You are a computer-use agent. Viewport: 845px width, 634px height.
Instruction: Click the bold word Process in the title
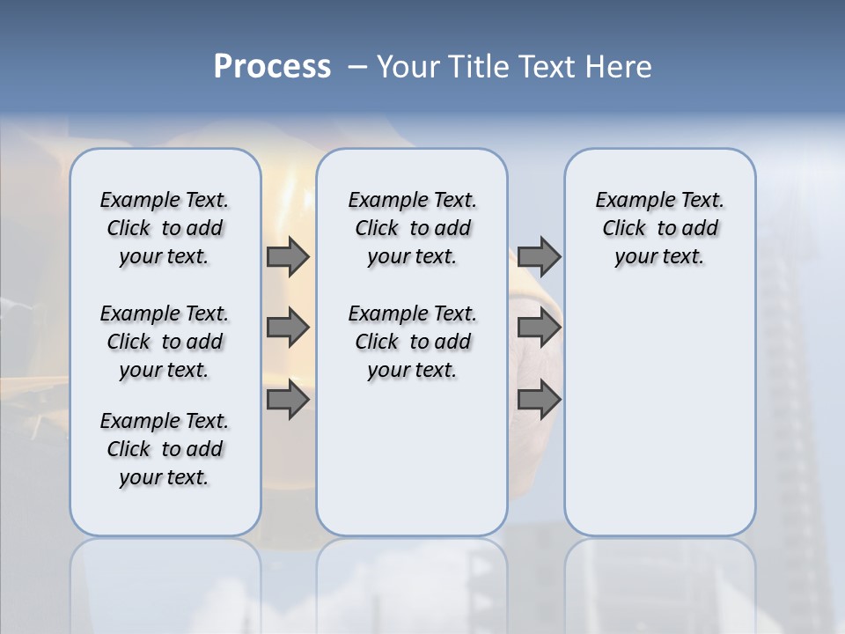click(x=272, y=67)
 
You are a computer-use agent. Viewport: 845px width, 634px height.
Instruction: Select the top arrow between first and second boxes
click(x=288, y=257)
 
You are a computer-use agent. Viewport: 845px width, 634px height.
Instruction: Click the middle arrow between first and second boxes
click(x=288, y=328)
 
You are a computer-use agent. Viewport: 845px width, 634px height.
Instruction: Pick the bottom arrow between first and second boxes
click(x=288, y=399)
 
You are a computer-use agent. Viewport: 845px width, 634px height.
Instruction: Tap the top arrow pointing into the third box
click(x=539, y=257)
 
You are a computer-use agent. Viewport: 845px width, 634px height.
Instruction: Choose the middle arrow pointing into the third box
click(x=539, y=328)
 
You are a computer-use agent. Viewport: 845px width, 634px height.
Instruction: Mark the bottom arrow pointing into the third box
click(x=539, y=399)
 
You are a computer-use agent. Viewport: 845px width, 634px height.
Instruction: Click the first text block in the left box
click(x=165, y=228)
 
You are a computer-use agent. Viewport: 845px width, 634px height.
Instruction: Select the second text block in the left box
click(x=165, y=342)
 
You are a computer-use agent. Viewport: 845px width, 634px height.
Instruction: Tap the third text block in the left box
click(x=165, y=449)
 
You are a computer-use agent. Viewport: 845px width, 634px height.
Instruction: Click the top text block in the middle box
click(x=412, y=228)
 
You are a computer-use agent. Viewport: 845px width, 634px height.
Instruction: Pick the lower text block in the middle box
click(x=412, y=342)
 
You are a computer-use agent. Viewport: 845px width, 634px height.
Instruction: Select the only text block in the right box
click(x=659, y=228)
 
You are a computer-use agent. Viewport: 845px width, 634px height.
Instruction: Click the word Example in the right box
click(x=628, y=201)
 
